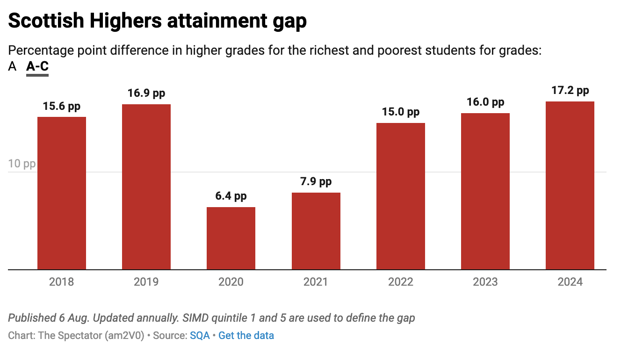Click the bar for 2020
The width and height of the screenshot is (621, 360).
(231, 238)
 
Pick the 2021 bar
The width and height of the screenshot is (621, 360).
(316, 231)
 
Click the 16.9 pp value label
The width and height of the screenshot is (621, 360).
(146, 93)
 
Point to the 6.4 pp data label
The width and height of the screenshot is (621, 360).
(231, 196)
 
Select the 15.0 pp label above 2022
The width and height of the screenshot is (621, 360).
(401, 112)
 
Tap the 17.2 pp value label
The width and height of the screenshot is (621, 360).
(570, 90)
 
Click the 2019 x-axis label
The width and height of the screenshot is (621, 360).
(146, 282)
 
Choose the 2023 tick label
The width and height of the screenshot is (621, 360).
(485, 282)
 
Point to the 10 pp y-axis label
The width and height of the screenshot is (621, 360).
(22, 164)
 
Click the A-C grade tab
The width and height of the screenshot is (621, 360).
(37, 67)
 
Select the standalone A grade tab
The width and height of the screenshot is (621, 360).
(12, 67)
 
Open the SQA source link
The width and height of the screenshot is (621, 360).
(200, 335)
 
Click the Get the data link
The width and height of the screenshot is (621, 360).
(246, 335)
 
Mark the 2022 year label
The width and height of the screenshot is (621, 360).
(401, 282)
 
